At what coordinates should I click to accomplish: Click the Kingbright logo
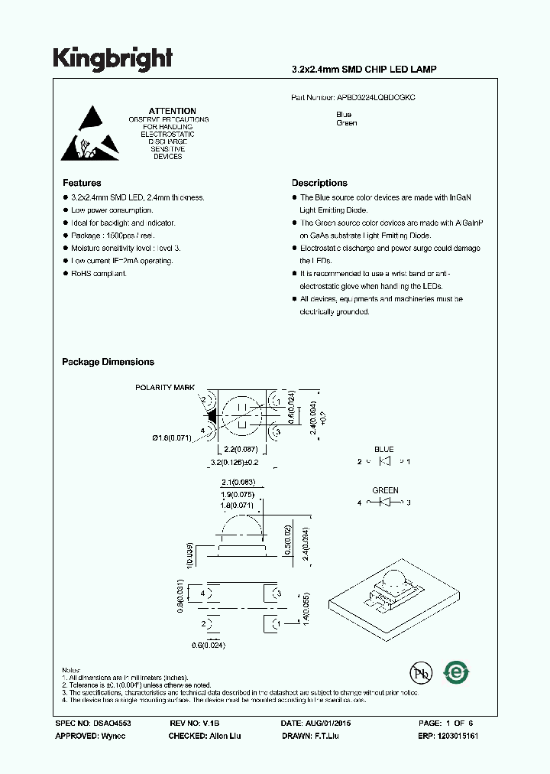coord(112,59)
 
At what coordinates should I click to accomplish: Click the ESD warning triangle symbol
coord(91,135)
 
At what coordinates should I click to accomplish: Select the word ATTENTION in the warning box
coord(172,111)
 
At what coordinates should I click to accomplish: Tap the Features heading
coord(81,183)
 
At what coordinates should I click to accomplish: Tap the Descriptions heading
coord(319,183)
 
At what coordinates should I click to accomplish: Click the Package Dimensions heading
coord(108,362)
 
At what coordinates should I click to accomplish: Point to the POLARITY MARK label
coord(166,388)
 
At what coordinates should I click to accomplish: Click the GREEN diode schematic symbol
coord(385,502)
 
